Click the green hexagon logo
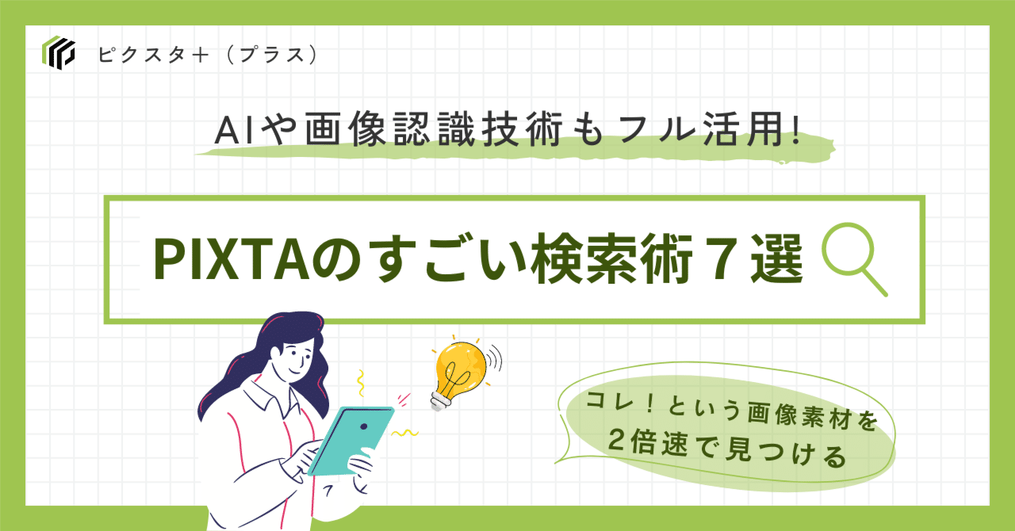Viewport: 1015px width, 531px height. (58, 53)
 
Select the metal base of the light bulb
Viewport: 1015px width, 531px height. (438, 400)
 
